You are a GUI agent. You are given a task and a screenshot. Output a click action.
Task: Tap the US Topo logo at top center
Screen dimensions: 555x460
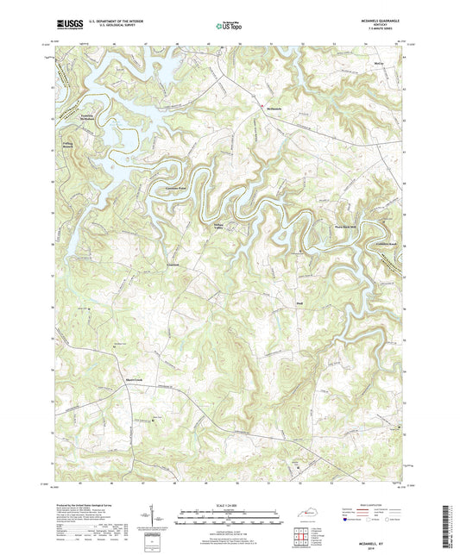click(228, 27)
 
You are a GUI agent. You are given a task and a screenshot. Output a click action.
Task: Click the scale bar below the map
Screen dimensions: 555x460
click(230, 521)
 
